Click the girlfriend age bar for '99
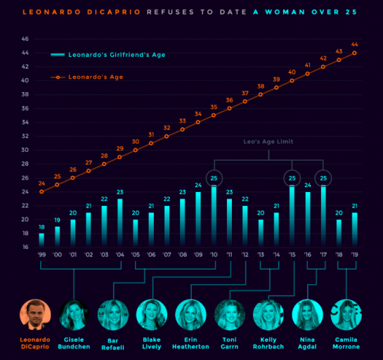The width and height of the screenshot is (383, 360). click(41, 239)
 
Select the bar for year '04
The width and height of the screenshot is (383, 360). click(119, 222)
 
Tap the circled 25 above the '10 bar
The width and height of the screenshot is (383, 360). click(214, 178)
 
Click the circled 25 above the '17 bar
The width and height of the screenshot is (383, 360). click(323, 178)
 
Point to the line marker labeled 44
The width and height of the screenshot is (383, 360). click(354, 53)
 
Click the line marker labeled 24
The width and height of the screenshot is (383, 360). click(41, 191)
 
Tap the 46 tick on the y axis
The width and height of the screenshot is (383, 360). click(25, 39)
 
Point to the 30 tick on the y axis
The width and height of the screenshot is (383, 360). click(25, 150)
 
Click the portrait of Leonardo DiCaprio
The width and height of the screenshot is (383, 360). click(34, 315)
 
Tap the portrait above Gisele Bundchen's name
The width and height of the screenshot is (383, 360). click(74, 315)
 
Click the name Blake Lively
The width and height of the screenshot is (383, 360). click(152, 342)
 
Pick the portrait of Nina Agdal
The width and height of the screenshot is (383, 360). click(308, 315)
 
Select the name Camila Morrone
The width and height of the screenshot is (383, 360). click(347, 342)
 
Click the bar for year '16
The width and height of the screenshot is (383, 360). click(308, 219)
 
